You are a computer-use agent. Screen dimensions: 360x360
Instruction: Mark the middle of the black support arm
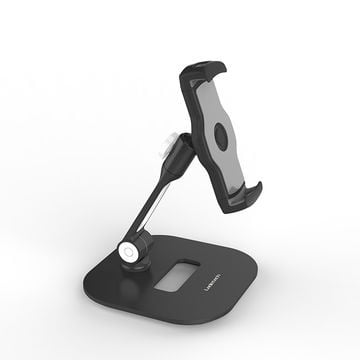click(x=158, y=205)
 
